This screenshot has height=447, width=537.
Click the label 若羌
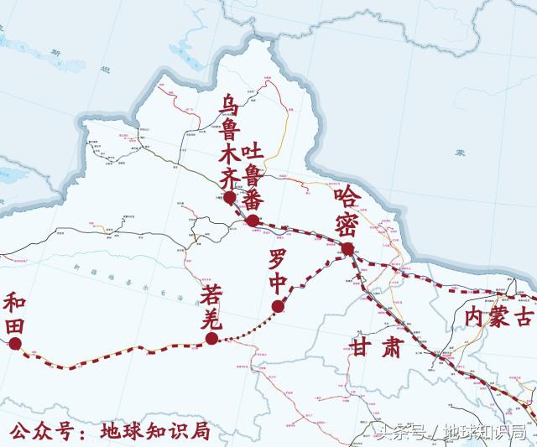point(211,305)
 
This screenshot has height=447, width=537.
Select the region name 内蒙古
point(499,317)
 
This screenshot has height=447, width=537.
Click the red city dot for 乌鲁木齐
point(230,198)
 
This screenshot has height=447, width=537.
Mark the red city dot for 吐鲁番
point(253,221)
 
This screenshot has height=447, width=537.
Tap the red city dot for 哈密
point(347,248)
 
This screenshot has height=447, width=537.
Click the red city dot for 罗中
point(278,307)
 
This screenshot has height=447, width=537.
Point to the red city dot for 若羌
point(211,338)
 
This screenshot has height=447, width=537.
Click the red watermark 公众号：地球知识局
point(109,431)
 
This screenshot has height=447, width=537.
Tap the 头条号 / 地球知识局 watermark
point(450,433)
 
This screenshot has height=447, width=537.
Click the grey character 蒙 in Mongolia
point(460,152)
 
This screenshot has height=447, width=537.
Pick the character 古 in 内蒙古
point(524,317)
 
